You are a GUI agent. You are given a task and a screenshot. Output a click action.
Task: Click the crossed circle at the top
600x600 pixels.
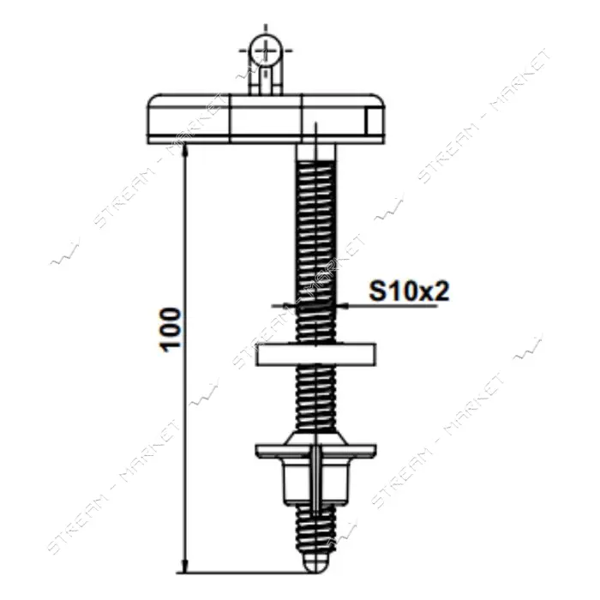click(266, 51)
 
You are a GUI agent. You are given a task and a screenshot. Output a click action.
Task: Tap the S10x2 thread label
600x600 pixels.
click(409, 291)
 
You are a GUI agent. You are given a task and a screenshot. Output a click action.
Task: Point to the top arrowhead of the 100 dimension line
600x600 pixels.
click(185, 150)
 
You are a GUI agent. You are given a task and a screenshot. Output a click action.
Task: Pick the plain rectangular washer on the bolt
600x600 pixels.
click(316, 353)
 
